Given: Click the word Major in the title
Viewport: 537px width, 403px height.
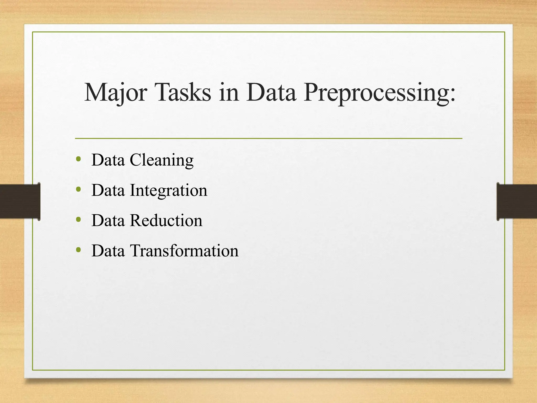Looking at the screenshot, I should (115, 92).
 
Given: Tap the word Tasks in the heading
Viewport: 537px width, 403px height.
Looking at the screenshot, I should (183, 92).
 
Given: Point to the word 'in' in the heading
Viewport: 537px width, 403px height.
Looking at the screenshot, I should (229, 92).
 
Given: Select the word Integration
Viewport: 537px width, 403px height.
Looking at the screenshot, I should (169, 190).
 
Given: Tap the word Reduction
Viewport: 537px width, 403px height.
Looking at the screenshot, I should (166, 220).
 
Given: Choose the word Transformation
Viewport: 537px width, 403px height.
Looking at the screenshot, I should (184, 251).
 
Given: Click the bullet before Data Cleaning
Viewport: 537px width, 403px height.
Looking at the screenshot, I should (78, 159).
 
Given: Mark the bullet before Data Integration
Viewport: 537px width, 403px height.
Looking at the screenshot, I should (78, 189).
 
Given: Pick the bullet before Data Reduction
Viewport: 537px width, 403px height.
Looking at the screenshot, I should (78, 219).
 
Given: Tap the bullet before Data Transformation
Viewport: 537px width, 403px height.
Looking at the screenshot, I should (78, 250).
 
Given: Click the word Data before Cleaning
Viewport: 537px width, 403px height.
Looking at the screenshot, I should (108, 160).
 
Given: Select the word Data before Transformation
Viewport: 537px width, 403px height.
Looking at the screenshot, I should (108, 251).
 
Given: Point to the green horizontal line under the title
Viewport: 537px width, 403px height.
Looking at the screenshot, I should (268, 138).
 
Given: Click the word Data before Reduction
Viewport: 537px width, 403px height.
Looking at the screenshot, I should (108, 220).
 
